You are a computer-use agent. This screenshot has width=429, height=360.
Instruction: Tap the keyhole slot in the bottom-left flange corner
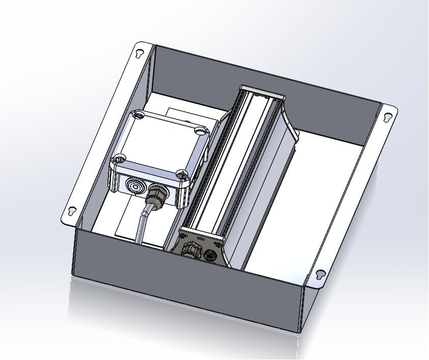tap(72, 210)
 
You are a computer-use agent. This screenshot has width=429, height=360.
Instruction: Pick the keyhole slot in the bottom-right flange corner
tap(320, 274)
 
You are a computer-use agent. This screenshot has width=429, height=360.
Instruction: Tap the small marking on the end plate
tap(200, 238)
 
